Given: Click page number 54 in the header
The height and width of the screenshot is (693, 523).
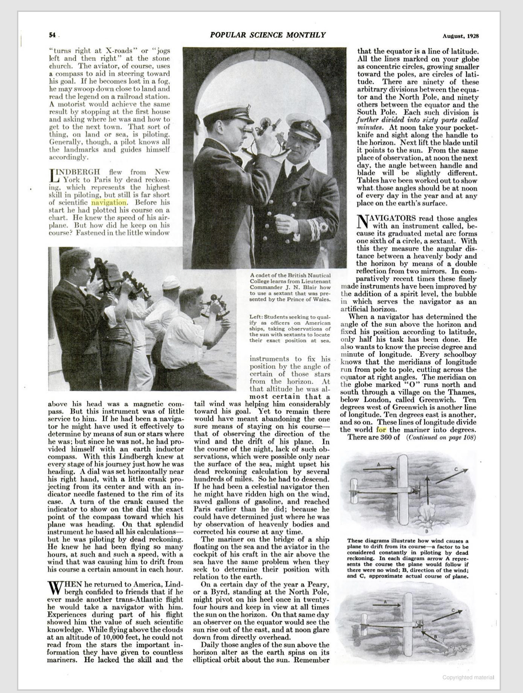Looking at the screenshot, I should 52,35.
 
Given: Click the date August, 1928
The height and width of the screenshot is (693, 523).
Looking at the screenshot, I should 457,36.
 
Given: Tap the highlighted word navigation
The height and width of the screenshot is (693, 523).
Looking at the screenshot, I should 109,202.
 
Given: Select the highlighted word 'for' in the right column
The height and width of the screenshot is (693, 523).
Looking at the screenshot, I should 381,430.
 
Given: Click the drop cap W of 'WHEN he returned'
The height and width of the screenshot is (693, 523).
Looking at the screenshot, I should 55,588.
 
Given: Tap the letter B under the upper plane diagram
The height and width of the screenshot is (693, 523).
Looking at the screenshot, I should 426,531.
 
